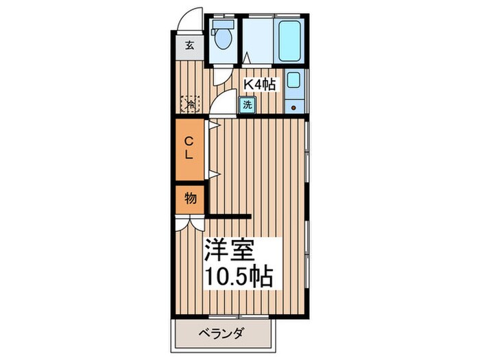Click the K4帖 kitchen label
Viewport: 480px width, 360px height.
[261, 84]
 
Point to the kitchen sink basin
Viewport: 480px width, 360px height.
[293, 80]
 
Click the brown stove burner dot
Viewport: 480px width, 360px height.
[293, 108]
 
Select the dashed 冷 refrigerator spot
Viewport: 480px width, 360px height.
[189, 104]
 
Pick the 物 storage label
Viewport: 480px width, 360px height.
[190, 199]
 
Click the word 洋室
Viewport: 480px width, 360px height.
[229, 250]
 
